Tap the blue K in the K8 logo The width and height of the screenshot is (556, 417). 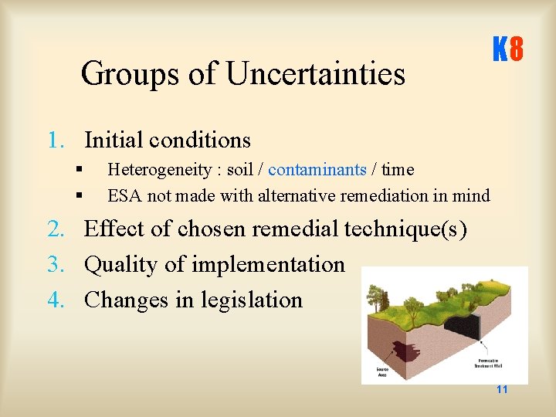[500, 51]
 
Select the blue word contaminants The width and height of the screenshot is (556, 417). [317, 169]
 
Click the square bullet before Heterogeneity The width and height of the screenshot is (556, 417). [79, 169]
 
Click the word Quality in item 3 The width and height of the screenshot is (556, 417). [122, 264]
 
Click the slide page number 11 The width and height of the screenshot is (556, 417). [502, 389]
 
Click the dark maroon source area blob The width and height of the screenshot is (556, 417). [402, 351]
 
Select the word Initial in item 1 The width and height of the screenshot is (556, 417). [113, 140]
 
